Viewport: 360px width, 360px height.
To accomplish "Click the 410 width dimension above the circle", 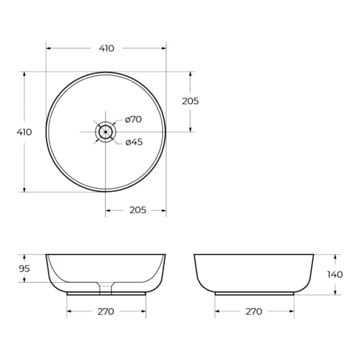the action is point(107,49).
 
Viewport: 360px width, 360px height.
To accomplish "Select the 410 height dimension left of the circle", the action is point(24,132).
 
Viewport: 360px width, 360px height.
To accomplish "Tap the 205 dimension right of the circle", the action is point(190,101).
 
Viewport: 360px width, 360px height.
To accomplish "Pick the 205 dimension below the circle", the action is point(138,210).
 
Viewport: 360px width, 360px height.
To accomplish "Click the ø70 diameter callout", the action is point(133,119).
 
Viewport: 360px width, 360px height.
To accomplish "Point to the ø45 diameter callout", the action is point(134,142).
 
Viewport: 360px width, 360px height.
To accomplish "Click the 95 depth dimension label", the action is point(24,268).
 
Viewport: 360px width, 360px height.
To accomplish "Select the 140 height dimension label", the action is point(335,274).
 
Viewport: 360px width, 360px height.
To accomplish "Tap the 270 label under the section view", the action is point(106,311).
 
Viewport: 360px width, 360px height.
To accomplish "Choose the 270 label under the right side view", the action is point(254,311).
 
